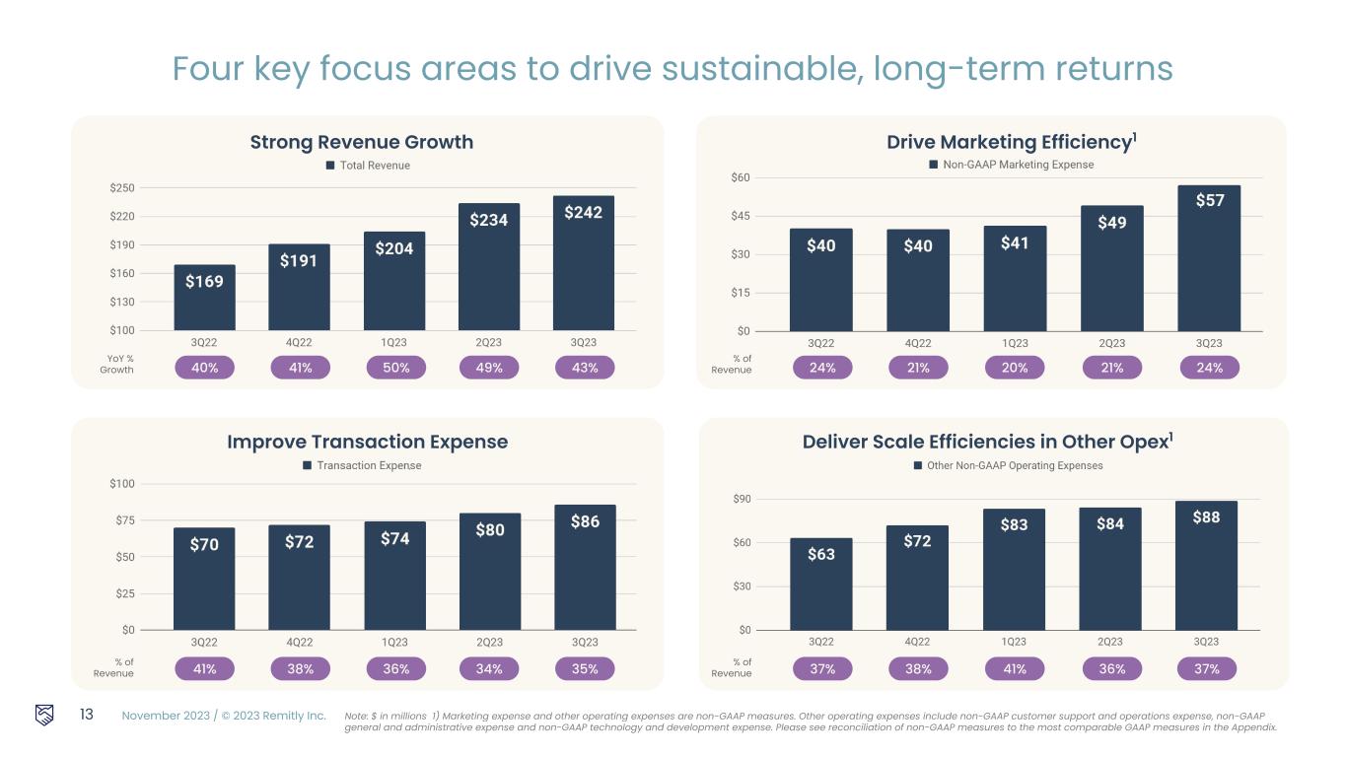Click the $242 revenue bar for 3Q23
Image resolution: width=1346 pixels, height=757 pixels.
[584, 263]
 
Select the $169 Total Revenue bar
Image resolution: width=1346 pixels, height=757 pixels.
[204, 298]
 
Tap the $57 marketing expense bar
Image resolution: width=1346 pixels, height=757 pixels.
[1210, 258]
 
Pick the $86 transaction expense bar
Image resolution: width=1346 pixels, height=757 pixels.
[585, 567]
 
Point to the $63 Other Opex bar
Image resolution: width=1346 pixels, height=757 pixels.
[821, 584]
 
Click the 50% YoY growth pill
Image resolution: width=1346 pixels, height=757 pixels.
[394, 368]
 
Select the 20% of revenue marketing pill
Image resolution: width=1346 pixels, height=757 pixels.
[1015, 368]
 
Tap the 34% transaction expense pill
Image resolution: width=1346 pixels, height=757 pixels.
[490, 669]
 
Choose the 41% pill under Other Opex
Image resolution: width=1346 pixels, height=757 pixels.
[1015, 669]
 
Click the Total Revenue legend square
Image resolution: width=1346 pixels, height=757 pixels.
[331, 166]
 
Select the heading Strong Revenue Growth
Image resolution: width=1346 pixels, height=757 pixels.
[362, 142]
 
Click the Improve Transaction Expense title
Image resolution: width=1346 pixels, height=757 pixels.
[368, 442]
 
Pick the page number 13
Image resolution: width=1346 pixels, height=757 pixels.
[86, 715]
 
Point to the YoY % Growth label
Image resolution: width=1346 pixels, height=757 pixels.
[116, 364]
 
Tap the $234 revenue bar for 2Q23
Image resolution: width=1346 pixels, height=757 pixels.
[489, 267]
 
